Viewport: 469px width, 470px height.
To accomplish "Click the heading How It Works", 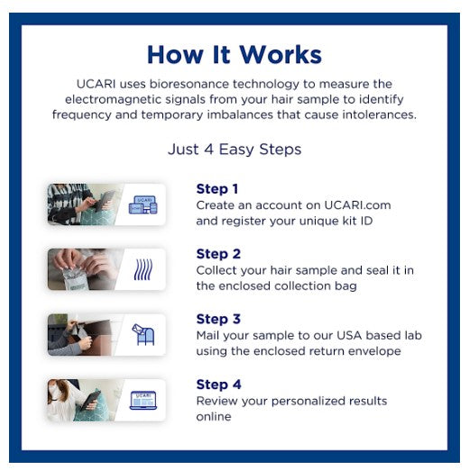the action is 234,55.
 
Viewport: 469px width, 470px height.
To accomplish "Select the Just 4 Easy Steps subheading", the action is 234,149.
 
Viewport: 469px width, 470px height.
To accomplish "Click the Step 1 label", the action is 217,189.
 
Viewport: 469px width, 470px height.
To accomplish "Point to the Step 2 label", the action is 218,254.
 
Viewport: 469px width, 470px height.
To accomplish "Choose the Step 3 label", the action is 218,319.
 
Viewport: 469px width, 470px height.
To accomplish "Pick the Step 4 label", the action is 218,384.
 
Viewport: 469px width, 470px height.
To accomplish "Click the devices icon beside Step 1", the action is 143,204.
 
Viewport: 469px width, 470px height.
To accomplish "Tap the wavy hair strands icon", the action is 143,269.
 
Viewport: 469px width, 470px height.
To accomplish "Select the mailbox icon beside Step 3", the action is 143,334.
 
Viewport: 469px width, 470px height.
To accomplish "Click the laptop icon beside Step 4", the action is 143,400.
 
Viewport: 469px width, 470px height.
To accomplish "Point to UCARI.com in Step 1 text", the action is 358,205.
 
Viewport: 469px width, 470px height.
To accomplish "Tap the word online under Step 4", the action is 214,417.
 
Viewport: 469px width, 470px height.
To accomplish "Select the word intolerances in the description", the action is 380,114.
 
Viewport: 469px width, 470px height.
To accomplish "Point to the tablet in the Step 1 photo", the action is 105,201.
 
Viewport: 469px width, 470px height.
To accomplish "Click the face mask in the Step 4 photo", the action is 54,392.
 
